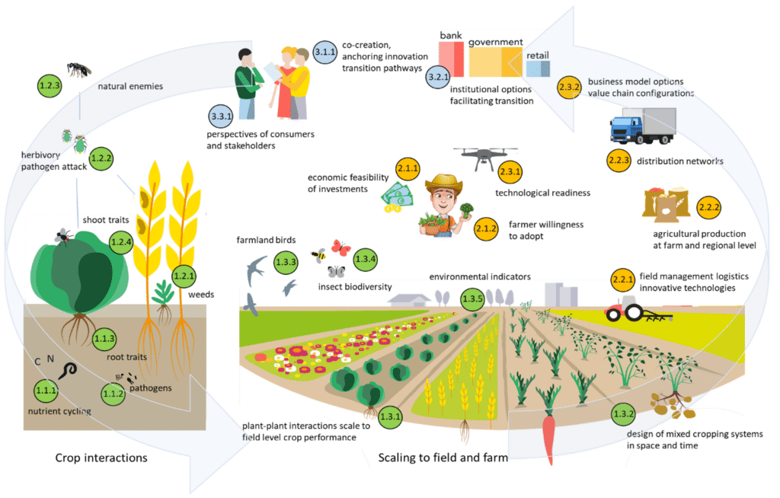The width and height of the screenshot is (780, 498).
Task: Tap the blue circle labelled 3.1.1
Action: click(x=325, y=53)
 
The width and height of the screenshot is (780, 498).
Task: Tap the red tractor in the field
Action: click(x=628, y=310)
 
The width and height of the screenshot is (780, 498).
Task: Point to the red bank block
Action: click(x=450, y=59)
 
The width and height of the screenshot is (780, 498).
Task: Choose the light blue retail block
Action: click(x=538, y=69)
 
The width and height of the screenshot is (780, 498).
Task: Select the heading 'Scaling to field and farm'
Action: click(x=443, y=458)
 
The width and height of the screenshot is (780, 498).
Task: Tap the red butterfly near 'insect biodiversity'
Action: click(x=340, y=248)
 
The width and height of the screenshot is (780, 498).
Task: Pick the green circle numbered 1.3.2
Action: click(x=623, y=415)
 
